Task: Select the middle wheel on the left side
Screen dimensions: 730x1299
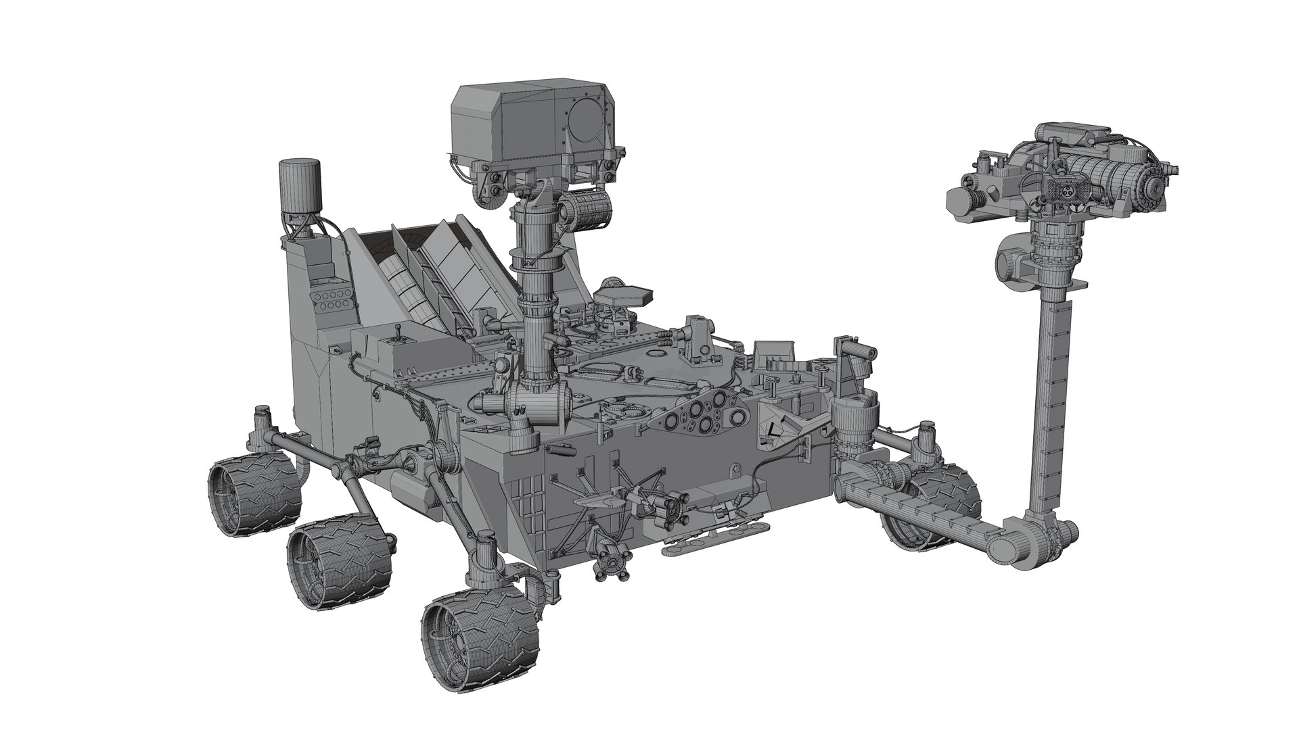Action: tap(340, 556)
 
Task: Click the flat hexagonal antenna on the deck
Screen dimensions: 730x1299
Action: tap(624, 295)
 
